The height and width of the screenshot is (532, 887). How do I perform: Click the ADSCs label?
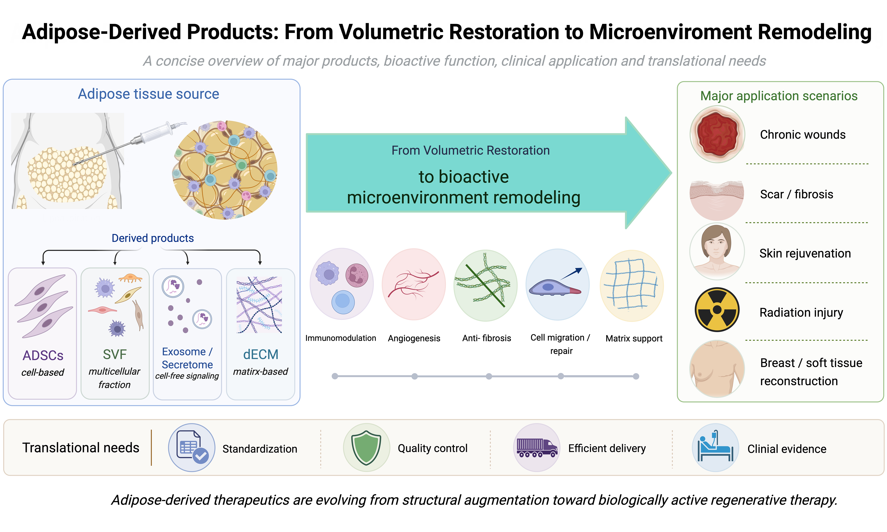pyautogui.click(x=43, y=355)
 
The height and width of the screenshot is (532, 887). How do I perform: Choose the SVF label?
pyautogui.click(x=115, y=354)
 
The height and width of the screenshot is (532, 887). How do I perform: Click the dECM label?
pyautogui.click(x=261, y=354)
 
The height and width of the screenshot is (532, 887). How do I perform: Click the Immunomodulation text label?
pyautogui.click(x=341, y=338)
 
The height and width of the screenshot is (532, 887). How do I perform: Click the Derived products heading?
pyautogui.click(x=153, y=238)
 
